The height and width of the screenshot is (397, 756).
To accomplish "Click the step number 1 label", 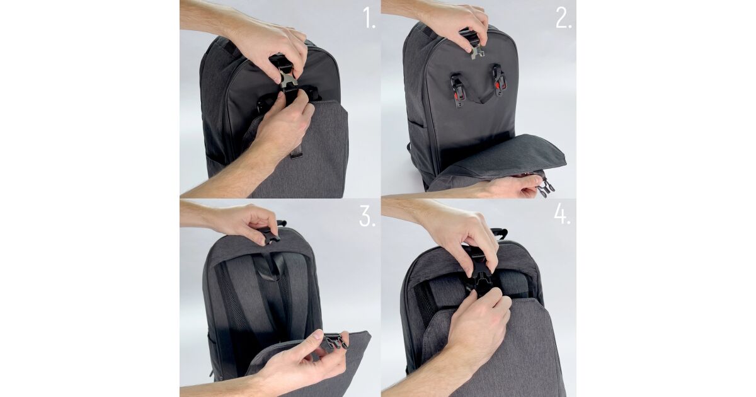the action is pyautogui.click(x=369, y=18).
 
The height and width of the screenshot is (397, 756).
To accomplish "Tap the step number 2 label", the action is pyautogui.click(x=563, y=18).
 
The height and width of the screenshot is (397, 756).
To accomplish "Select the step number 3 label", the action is pyautogui.click(x=367, y=216).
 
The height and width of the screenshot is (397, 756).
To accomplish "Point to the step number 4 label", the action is pyautogui.click(x=562, y=214).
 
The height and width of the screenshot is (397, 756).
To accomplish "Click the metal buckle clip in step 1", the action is pyautogui.click(x=288, y=78).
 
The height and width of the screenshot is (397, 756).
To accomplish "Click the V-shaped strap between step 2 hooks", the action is pyautogui.click(x=479, y=98).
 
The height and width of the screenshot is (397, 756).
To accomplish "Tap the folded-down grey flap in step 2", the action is pyautogui.click(x=500, y=158).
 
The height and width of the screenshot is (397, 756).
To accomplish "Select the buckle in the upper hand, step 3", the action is pyautogui.click(x=270, y=234).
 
